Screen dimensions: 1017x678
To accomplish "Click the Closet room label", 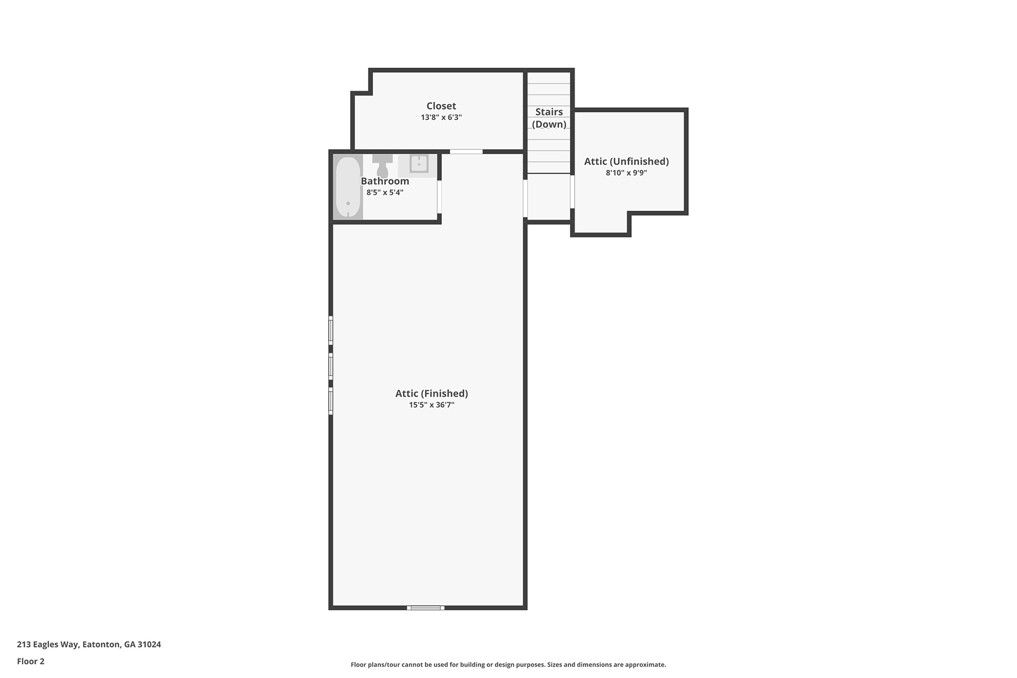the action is (x=441, y=106).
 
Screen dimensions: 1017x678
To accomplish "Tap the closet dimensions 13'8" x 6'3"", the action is (x=441, y=118).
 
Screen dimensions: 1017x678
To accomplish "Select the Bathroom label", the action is (x=385, y=181).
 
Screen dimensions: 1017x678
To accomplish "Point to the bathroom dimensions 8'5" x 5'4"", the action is (x=385, y=193).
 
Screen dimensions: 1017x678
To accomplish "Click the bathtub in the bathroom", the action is (x=348, y=187).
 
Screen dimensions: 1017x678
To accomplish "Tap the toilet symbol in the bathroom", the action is (x=383, y=164).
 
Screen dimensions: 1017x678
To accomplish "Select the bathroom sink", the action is (x=419, y=164).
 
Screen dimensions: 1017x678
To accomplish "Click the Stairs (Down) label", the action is (x=549, y=118).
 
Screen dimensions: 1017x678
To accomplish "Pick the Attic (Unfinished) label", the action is (x=627, y=161).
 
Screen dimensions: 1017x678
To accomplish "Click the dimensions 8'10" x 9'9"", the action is (x=627, y=173).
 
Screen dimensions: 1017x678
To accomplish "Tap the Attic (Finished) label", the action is (x=432, y=393).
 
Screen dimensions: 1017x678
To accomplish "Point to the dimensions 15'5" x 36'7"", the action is (x=432, y=405).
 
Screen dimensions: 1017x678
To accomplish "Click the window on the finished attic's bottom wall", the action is (x=425, y=608).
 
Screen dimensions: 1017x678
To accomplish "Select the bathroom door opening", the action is (x=439, y=197).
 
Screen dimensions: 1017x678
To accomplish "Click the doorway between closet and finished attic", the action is (x=466, y=151).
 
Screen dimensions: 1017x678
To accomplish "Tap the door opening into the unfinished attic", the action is (x=572, y=192).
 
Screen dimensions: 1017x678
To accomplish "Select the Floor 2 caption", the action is (x=31, y=661).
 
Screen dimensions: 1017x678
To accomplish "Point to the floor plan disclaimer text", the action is (x=508, y=664).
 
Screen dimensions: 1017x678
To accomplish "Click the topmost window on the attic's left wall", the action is (x=331, y=331).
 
